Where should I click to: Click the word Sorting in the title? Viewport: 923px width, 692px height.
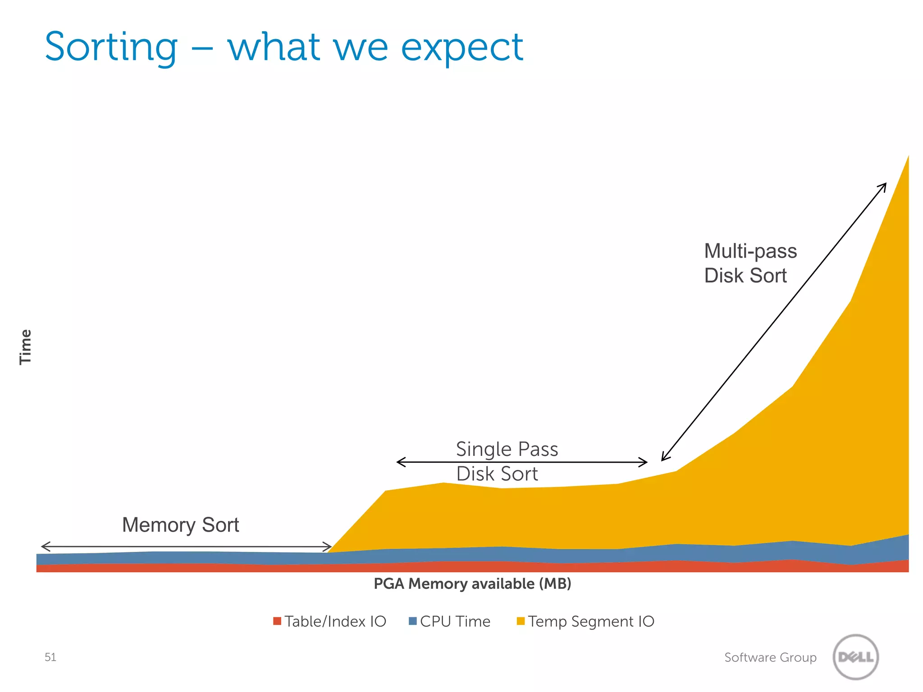click(x=111, y=48)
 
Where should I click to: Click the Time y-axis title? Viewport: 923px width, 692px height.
click(x=25, y=346)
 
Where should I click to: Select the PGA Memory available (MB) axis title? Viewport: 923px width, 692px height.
click(x=472, y=584)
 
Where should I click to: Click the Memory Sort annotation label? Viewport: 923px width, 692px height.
click(x=180, y=525)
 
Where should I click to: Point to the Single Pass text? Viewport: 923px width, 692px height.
click(x=507, y=449)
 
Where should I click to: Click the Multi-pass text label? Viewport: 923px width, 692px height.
click(x=750, y=251)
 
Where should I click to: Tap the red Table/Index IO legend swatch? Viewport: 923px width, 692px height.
click(x=277, y=621)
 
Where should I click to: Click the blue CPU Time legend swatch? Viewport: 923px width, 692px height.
click(x=412, y=621)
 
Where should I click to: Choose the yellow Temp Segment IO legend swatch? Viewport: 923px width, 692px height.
click(x=521, y=621)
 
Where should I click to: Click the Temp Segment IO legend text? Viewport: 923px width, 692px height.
click(x=591, y=621)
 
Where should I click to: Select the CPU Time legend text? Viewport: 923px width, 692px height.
click(x=455, y=621)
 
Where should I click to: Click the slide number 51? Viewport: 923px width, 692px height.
click(x=50, y=657)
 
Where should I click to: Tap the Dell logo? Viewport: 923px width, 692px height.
click(x=856, y=657)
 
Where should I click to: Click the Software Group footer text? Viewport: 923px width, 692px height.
click(x=770, y=657)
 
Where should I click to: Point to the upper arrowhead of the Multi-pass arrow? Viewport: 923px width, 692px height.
click(x=884, y=185)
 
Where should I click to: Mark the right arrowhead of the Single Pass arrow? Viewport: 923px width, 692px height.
click(x=645, y=462)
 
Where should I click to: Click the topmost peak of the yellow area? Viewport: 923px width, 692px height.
click(x=908, y=157)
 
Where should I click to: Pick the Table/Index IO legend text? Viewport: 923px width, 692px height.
click(x=335, y=621)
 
